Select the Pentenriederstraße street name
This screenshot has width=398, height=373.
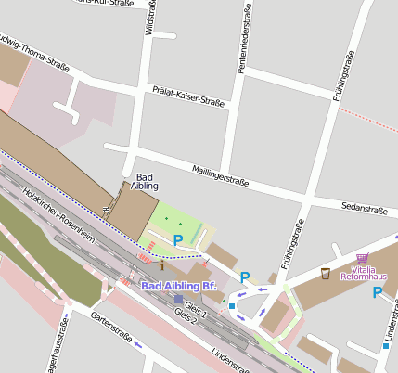(x=242, y=45)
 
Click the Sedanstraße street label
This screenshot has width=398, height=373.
(x=364, y=209)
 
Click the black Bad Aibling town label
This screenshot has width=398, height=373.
(x=146, y=182)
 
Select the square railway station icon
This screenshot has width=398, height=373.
(x=179, y=299)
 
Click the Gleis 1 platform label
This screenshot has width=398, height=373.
(x=196, y=305)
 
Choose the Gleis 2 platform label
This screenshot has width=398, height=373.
(x=186, y=315)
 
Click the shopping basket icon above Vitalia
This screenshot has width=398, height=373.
(x=362, y=257)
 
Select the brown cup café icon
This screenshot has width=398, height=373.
(x=325, y=273)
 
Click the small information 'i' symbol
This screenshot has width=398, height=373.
(x=161, y=265)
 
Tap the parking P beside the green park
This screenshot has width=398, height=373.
(x=177, y=240)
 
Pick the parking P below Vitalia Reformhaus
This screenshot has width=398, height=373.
(x=377, y=292)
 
